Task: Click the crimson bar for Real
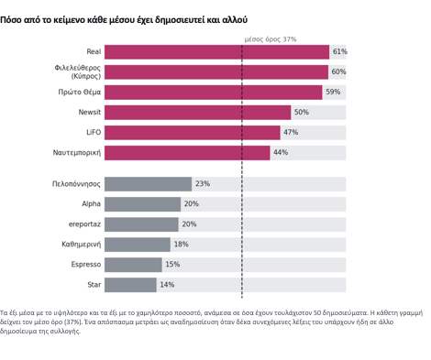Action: click(216, 52)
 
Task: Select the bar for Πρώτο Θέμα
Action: click(214, 93)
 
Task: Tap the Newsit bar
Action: click(197, 113)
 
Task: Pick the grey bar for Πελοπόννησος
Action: click(148, 184)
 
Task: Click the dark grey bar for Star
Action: click(130, 285)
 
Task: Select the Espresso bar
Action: click(133, 265)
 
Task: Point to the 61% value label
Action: click(340, 51)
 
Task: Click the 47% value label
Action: click(291, 132)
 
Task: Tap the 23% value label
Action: click(203, 183)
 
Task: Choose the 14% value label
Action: click(167, 285)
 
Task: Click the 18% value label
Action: click(182, 244)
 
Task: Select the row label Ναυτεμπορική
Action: click(77, 152)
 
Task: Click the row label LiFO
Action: click(94, 132)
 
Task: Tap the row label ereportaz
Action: click(84, 224)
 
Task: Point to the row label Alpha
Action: click(91, 203)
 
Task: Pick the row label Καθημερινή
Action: click(82, 244)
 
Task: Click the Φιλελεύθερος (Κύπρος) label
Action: click(78, 71)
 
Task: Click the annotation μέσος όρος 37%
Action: click(271, 39)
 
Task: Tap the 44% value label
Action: click(281, 152)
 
